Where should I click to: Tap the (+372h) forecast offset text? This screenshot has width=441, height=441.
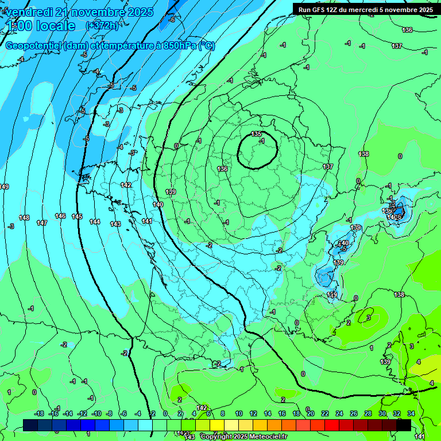102,25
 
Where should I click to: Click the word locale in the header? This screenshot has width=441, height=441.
56,26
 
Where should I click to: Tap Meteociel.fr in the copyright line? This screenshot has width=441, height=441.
265,437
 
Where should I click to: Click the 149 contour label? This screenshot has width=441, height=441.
4,187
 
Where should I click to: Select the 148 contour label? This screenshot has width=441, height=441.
24,218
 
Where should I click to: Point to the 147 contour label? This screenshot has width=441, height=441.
42,223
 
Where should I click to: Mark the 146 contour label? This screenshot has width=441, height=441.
60,216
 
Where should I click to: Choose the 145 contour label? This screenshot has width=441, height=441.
77,216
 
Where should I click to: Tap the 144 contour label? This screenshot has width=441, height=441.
95,222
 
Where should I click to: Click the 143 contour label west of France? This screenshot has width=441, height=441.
115,224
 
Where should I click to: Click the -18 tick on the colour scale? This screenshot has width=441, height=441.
40,413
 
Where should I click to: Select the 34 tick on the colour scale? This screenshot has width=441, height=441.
411,413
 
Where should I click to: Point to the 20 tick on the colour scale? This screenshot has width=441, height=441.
310,413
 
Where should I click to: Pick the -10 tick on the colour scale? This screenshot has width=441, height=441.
96,413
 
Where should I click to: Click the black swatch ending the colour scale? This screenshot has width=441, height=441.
404,425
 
